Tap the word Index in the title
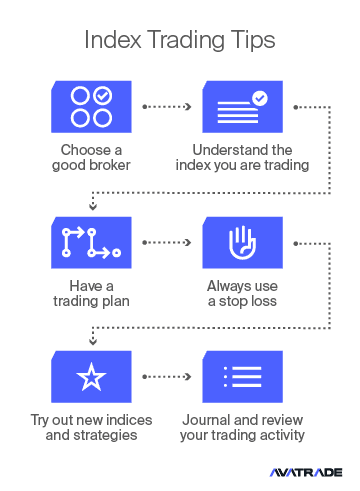(x=113, y=40)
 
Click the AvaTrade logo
(x=306, y=472)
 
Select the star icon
(x=91, y=377)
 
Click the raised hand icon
(x=242, y=242)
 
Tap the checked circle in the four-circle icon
(x=103, y=96)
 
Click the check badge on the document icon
(x=260, y=98)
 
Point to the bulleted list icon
(x=242, y=377)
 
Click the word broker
(x=109, y=165)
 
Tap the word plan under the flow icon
(x=115, y=301)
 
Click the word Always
(x=229, y=286)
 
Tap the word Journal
(x=204, y=420)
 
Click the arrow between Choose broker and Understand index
(x=167, y=107)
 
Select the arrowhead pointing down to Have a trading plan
(x=93, y=206)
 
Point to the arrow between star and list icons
(x=167, y=377)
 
